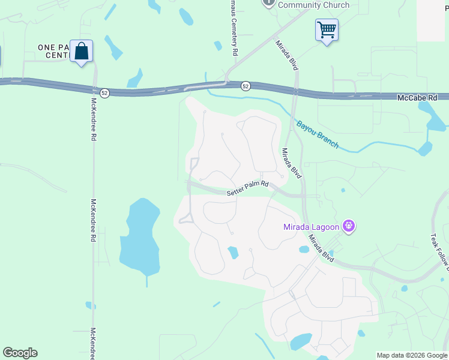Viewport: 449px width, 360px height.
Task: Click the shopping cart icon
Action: (x=327, y=29)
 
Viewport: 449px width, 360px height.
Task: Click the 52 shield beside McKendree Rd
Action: (x=104, y=94)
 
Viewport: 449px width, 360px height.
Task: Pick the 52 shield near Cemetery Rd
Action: (x=246, y=86)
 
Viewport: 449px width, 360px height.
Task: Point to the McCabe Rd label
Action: (x=422, y=97)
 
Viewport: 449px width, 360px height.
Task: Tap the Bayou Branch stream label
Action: (x=318, y=134)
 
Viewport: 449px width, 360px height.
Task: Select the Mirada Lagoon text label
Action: (x=312, y=227)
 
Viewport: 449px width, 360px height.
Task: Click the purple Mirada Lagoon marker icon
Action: (x=349, y=226)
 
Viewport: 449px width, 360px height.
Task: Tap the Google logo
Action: (x=20, y=353)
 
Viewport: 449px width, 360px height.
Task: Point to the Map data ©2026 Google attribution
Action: (x=412, y=355)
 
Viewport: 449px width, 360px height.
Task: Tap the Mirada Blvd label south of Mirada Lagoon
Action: (x=321, y=247)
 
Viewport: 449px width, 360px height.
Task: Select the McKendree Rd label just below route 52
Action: (x=94, y=120)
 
